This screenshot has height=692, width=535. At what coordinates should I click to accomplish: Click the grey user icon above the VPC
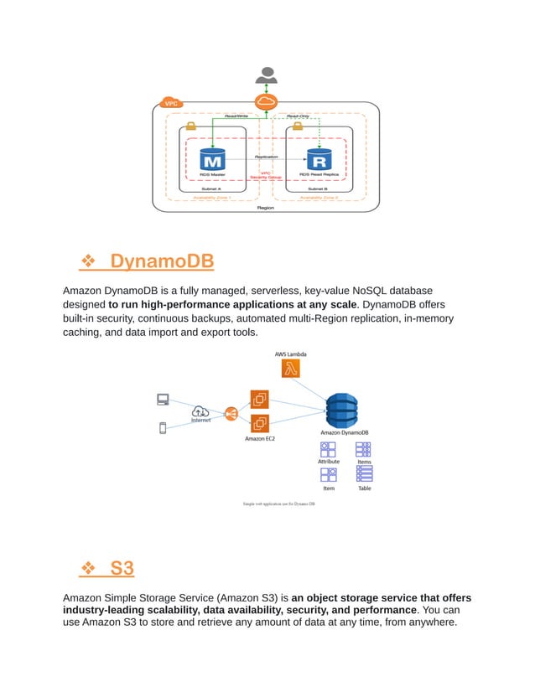266,74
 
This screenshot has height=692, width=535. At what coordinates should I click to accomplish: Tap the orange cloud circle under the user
267,102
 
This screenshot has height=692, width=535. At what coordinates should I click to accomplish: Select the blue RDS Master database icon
213,158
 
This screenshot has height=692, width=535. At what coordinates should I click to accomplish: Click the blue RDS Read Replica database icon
319,158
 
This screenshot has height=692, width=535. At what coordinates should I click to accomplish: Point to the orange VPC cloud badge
169,103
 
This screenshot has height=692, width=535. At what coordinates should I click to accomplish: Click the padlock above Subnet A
190,126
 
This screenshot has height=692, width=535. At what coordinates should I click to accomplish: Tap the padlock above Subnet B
296,126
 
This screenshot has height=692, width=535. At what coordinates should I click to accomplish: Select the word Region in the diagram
265,207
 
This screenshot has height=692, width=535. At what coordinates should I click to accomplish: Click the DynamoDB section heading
162,262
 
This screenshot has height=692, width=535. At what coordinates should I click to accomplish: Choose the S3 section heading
122,568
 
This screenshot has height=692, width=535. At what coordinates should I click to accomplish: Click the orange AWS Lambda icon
290,369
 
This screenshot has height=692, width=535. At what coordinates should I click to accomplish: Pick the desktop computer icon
163,400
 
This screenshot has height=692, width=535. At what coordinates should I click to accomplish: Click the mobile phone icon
163,428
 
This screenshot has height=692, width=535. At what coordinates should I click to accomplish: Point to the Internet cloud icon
200,411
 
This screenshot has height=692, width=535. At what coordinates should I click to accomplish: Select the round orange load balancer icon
231,413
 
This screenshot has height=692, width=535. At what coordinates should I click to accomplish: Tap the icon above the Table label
365,473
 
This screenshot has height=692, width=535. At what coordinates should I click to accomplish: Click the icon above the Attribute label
328,449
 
